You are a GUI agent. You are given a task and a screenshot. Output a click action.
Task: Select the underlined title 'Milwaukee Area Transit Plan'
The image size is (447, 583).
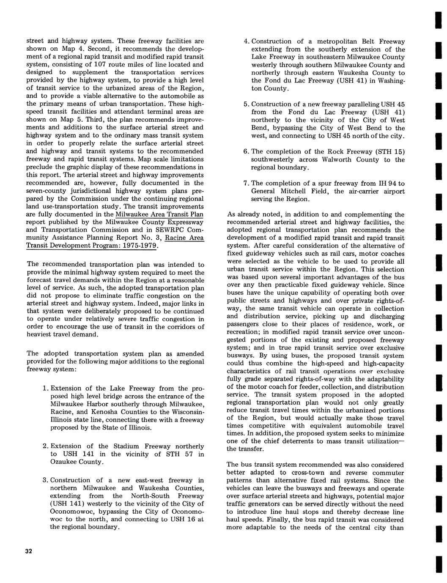coord(155,214)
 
